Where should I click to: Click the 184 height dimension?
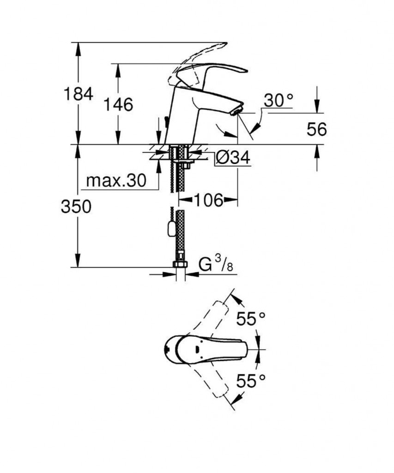coord(78,94)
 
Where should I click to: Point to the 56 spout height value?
coord(316,129)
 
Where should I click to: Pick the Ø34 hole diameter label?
coord(233,158)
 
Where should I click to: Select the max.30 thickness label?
coord(116,181)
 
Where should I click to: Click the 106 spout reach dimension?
coord(207,200)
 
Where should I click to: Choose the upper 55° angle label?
coord(251,318)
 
